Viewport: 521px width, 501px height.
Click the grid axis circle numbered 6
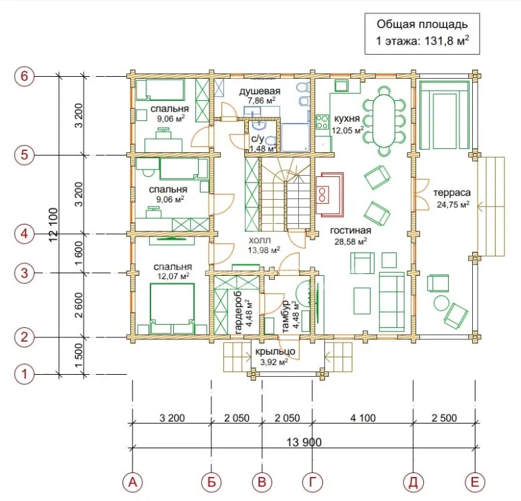click(24, 76)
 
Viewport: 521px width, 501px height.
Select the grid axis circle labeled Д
click(413, 482)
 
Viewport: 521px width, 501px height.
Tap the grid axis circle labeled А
click(132, 482)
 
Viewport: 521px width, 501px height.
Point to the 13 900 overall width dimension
click(304, 442)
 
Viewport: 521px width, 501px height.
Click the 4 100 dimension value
click(363, 417)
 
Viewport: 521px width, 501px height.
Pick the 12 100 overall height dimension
click(53, 224)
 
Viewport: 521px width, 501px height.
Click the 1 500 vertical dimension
click(78, 355)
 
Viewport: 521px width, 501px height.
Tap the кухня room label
click(347, 118)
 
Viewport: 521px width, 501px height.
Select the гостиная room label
click(350, 230)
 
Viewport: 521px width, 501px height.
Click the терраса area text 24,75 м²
click(453, 204)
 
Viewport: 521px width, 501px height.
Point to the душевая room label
click(260, 91)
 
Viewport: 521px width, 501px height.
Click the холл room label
click(260, 240)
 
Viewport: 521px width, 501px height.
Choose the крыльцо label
click(275, 351)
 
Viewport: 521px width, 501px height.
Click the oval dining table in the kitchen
click(384, 121)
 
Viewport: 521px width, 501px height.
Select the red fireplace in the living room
click(329, 194)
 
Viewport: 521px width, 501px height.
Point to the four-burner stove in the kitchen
click(322, 122)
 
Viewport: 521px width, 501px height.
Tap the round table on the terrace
click(441, 303)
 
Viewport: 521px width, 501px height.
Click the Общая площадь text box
click(422, 33)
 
